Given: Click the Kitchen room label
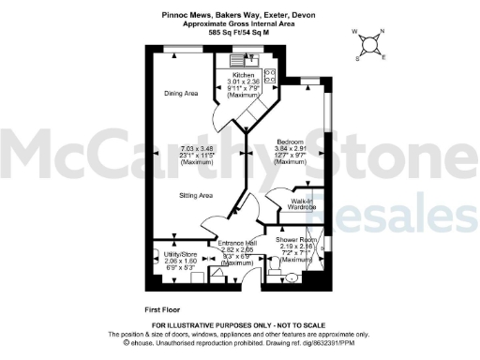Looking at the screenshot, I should [x=243, y=75].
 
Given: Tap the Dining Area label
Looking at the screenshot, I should [x=181, y=93].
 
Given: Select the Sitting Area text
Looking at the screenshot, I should [x=197, y=195].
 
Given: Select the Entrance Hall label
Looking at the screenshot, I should [x=236, y=244].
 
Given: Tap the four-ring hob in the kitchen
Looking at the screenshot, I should [x=270, y=74].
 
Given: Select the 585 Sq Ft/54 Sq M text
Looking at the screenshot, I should [x=239, y=32].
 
